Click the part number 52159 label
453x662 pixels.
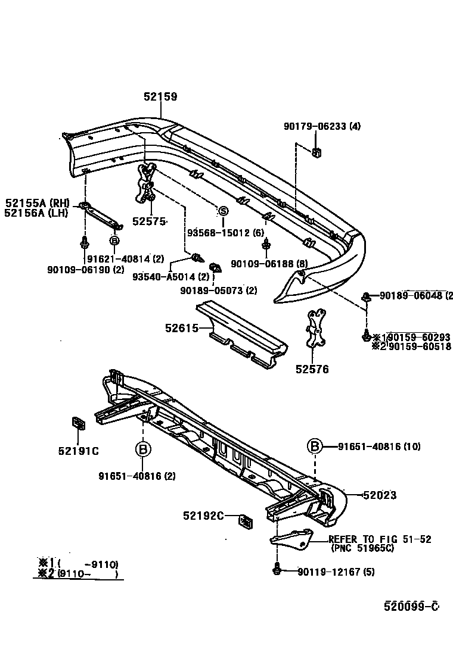tap(160, 96)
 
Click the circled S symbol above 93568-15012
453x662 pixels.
tap(223, 211)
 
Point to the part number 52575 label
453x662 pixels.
tap(149, 221)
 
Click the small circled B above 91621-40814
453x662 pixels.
tap(114, 241)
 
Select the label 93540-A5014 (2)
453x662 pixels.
tap(170, 277)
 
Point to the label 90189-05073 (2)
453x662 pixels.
tap(218, 291)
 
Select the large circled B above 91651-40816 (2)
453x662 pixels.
tap(143, 448)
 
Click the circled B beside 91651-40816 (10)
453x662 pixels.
tap(314, 446)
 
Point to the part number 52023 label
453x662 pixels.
tap(380, 495)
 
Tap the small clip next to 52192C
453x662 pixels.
tap(244, 521)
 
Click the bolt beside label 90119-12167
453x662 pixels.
tap(278, 571)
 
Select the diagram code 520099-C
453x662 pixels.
tap(411, 606)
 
